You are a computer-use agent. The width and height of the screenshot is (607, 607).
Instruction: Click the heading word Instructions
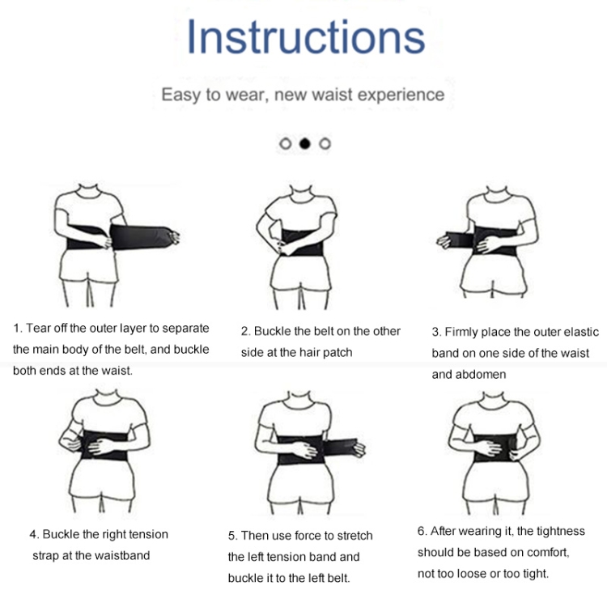306,37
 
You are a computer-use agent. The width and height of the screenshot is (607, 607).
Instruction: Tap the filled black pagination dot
305,143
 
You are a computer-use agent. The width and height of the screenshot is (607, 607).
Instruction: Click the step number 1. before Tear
18,329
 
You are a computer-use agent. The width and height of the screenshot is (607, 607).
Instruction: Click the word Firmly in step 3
461,332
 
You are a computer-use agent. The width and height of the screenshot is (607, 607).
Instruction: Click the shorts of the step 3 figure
494,275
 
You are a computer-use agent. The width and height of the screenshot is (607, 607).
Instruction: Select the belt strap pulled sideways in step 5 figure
340,448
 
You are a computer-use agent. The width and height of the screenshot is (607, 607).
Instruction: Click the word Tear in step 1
38,329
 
